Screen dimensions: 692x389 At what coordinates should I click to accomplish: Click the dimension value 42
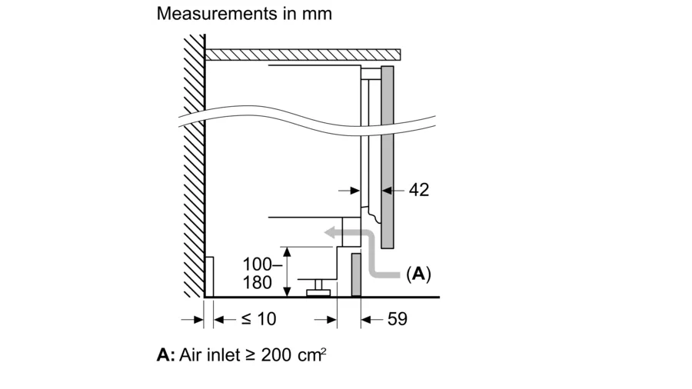click(419, 190)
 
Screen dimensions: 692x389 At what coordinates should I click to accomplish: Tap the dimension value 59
click(398, 319)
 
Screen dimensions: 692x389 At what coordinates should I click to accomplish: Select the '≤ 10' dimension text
click(258, 319)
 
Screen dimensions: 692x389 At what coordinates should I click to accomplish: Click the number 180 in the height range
click(258, 283)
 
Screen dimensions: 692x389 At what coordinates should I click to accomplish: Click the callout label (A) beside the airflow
click(418, 274)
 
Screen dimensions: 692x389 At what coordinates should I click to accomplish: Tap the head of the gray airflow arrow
click(330, 232)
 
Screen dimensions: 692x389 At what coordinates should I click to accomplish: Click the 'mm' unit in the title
click(317, 15)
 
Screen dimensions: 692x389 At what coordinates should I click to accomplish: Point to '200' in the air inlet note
click(276, 355)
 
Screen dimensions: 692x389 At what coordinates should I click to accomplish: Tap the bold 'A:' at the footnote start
click(166, 355)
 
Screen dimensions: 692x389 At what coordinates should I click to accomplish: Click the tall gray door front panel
click(387, 158)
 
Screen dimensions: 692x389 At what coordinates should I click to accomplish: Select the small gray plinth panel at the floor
click(356, 274)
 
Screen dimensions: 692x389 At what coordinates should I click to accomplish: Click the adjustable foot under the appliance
click(318, 288)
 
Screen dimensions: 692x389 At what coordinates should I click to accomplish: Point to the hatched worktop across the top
click(303, 55)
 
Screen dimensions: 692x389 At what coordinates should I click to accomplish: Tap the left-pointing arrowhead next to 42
click(387, 191)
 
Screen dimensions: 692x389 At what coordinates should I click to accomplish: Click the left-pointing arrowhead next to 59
click(366, 319)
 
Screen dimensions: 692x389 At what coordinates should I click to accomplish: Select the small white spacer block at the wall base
click(209, 277)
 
